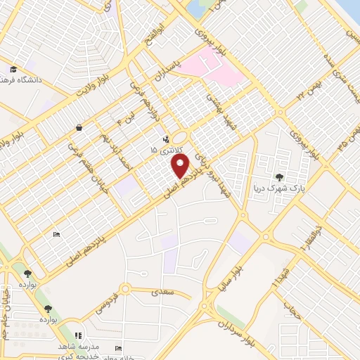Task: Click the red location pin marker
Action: click(x=181, y=167)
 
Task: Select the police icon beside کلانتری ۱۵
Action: click(x=166, y=139)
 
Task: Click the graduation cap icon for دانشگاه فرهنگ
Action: click(x=14, y=69)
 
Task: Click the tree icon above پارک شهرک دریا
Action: click(x=281, y=177)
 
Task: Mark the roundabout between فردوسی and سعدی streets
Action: click(x=125, y=288)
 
